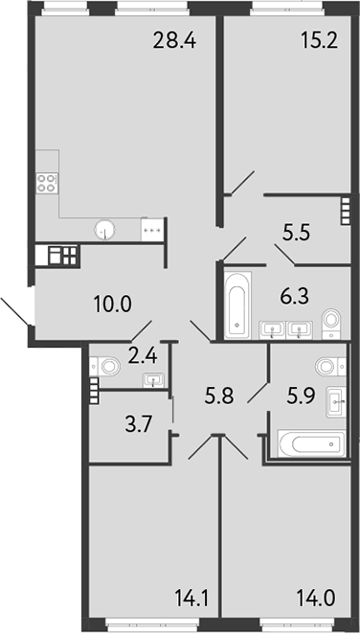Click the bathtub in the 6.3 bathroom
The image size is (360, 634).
click(236, 306)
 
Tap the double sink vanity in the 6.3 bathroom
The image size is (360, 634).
click(287, 330)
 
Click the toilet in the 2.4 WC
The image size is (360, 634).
click(107, 365)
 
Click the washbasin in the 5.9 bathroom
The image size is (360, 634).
click(335, 399)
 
